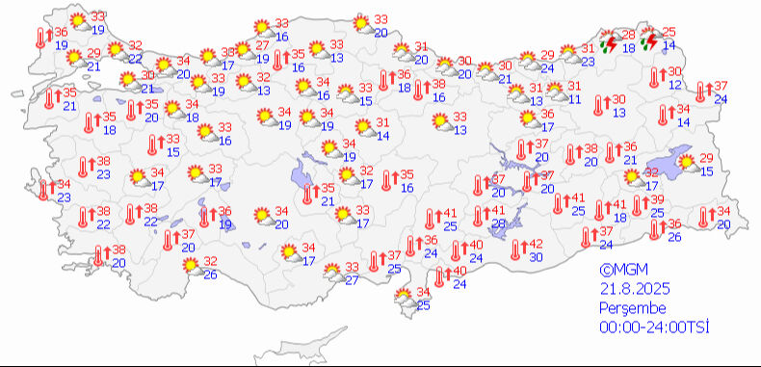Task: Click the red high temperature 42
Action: (x=537, y=244)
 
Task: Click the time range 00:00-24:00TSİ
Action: (x=653, y=328)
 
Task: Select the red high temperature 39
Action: (x=658, y=199)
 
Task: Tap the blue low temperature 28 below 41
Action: (x=498, y=223)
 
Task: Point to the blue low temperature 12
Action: (x=675, y=86)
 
